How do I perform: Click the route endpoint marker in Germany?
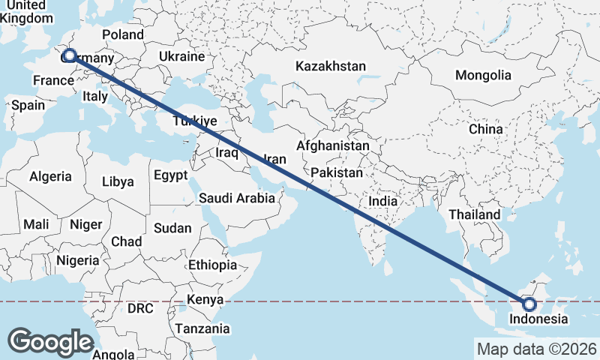pyautogui.click(x=69, y=55)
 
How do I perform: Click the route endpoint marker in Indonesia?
pyautogui.click(x=529, y=304)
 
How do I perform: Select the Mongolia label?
pyautogui.click(x=483, y=75)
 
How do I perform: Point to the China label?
pyautogui.click(x=485, y=129)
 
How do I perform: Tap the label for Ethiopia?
pyautogui.click(x=212, y=265)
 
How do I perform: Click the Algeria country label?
pyautogui.click(x=50, y=177)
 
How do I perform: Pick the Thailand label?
pyautogui.click(x=475, y=214)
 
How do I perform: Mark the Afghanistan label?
pyautogui.click(x=333, y=145)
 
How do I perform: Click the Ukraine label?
pyautogui.click(x=181, y=57)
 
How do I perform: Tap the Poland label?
pyautogui.click(x=122, y=34)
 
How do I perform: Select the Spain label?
pyautogui.click(x=28, y=105)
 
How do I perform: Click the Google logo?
pyautogui.click(x=51, y=341)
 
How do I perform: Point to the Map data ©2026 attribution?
pyautogui.click(x=536, y=349)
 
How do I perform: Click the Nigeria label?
pyautogui.click(x=77, y=261)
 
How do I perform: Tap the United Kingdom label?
pyautogui.click(x=26, y=12)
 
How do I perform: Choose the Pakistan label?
pyautogui.click(x=337, y=172)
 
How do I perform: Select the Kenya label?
pyautogui.click(x=205, y=300)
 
